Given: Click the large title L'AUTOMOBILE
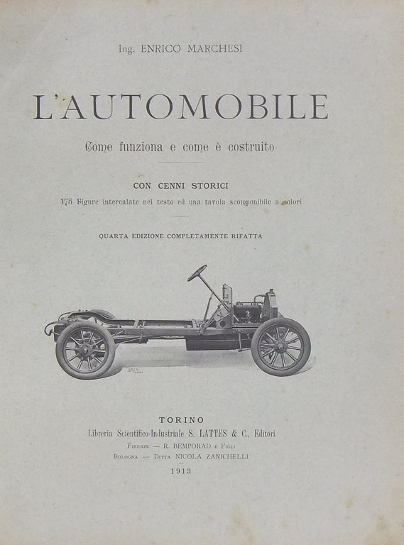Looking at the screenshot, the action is (180, 107).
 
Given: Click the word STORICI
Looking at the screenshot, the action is (215, 185).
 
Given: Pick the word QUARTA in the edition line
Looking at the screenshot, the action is (116, 236).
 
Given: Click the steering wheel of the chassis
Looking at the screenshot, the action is (197, 272).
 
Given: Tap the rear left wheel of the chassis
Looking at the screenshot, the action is (85, 350).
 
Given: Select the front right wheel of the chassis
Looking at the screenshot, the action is (281, 346).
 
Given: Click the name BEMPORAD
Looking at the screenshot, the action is (194, 445).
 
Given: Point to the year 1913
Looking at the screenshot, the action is (180, 470).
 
